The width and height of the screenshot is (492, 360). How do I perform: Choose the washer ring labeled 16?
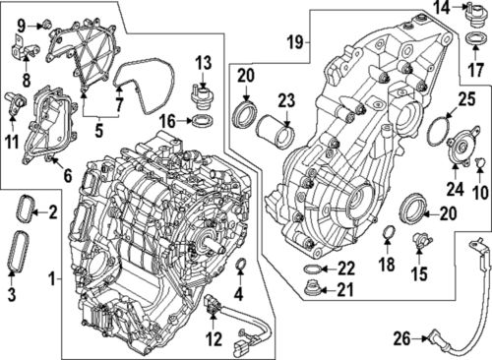[x=203, y=121]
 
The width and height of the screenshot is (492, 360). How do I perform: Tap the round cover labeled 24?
[x=458, y=153]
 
